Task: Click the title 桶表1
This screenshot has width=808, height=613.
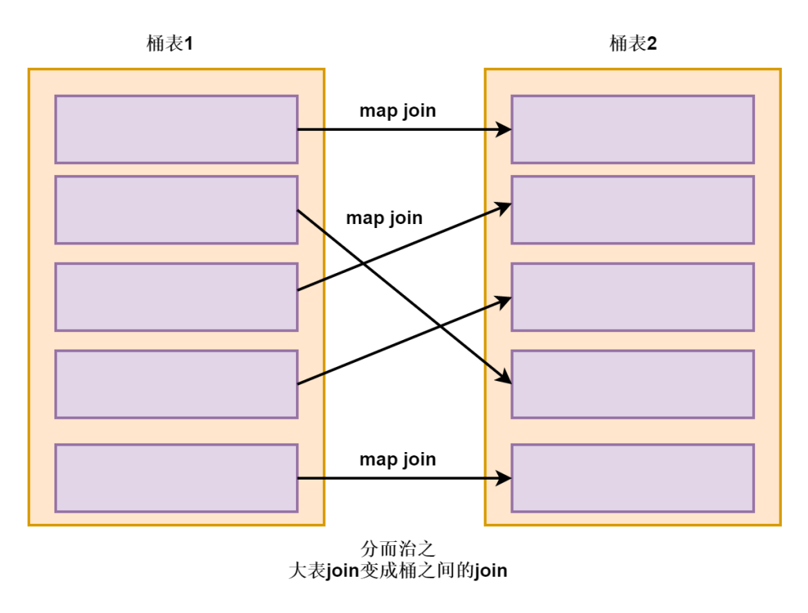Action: click(170, 43)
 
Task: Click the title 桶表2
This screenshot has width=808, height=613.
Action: click(633, 43)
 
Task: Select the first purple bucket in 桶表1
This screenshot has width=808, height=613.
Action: click(176, 129)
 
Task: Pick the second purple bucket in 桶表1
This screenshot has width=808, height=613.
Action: click(176, 210)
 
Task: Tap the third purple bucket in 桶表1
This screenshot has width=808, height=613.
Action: click(176, 297)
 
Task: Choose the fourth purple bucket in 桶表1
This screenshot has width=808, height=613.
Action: click(176, 384)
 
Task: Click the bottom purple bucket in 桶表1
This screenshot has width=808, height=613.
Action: click(176, 478)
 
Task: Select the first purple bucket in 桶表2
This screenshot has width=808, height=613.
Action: click(633, 129)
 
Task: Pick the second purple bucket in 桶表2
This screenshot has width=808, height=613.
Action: click(633, 210)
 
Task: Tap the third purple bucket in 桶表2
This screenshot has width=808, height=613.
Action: click(633, 297)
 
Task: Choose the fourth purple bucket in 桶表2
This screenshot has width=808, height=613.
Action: click(633, 384)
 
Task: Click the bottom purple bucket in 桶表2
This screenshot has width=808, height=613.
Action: click(633, 478)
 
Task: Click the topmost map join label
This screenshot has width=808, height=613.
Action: click(398, 110)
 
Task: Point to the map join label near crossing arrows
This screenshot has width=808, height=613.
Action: click(384, 218)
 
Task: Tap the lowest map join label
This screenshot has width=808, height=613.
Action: click(398, 459)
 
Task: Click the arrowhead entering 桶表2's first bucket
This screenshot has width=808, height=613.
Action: click(504, 129)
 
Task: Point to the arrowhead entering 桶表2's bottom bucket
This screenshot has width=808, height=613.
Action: click(504, 478)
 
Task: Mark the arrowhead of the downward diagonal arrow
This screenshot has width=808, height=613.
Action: click(505, 378)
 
